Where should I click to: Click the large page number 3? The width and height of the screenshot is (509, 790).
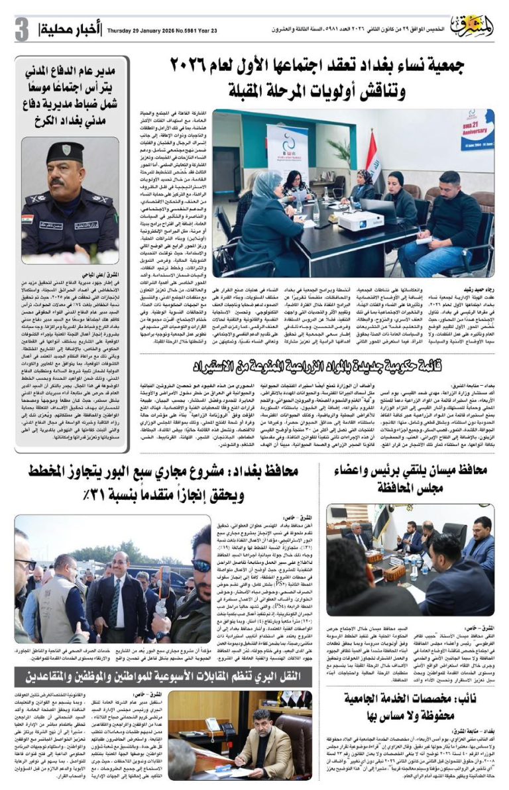tap(22, 29)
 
